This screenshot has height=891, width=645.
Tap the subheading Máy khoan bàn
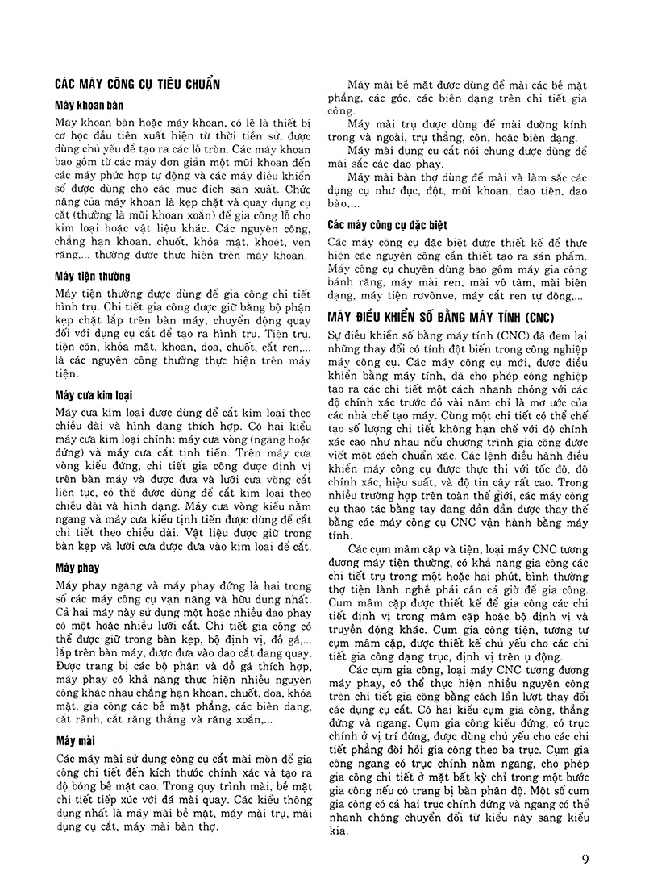[x=88, y=106]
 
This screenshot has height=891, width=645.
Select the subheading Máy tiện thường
[x=94, y=277]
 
